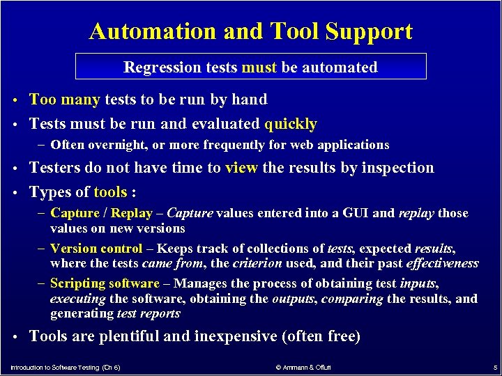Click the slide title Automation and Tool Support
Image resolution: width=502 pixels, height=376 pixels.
point(251,31)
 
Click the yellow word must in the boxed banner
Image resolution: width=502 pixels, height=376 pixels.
point(259,68)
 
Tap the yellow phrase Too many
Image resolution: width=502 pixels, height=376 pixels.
point(66,100)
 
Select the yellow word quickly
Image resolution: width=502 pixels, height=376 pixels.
point(291,124)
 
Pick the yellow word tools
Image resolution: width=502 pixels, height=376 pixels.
point(111,192)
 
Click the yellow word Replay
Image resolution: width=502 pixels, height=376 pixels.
point(132,213)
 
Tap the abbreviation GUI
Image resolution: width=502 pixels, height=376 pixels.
point(353,213)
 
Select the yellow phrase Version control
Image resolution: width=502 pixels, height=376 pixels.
point(96,248)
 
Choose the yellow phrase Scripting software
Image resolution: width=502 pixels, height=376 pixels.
point(105,283)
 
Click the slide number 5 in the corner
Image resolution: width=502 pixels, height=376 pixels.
point(494,367)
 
